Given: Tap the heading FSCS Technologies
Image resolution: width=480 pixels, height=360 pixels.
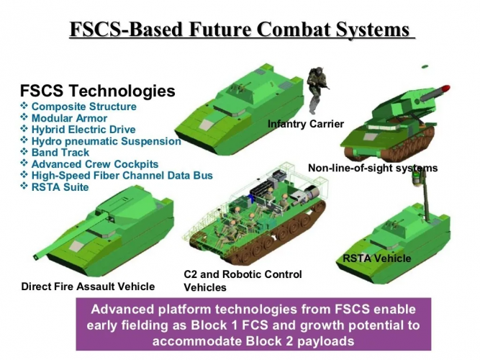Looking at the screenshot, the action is [98, 91].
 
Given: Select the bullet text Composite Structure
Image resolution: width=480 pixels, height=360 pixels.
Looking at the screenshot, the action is [84, 107].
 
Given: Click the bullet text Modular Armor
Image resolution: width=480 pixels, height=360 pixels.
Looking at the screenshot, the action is [70, 118].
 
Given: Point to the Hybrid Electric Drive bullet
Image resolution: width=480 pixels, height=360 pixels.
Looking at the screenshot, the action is [83, 130].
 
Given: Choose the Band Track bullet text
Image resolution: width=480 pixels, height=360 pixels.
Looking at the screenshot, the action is [60, 153].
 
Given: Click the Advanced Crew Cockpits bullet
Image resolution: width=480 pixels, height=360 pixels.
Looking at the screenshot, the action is [95, 164].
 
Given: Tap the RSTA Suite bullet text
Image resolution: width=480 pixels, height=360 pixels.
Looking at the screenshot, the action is [60, 187].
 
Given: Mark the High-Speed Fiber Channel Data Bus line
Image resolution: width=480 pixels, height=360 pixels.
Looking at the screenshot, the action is [122, 176].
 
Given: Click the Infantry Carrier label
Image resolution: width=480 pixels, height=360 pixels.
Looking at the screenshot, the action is [306, 124].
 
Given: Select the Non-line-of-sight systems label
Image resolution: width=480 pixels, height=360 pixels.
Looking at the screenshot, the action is [373, 168].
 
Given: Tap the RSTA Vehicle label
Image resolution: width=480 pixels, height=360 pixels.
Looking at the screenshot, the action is [377, 258].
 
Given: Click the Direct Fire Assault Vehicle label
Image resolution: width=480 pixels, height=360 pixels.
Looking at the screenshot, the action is [89, 287].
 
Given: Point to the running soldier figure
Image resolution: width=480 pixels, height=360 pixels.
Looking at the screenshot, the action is [316, 89].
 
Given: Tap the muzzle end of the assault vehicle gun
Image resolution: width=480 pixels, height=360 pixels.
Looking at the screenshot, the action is [36, 257].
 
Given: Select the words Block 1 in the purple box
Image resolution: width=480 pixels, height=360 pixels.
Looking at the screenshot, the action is [214, 325].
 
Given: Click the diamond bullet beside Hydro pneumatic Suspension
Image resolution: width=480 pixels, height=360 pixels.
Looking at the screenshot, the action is [24, 140].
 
